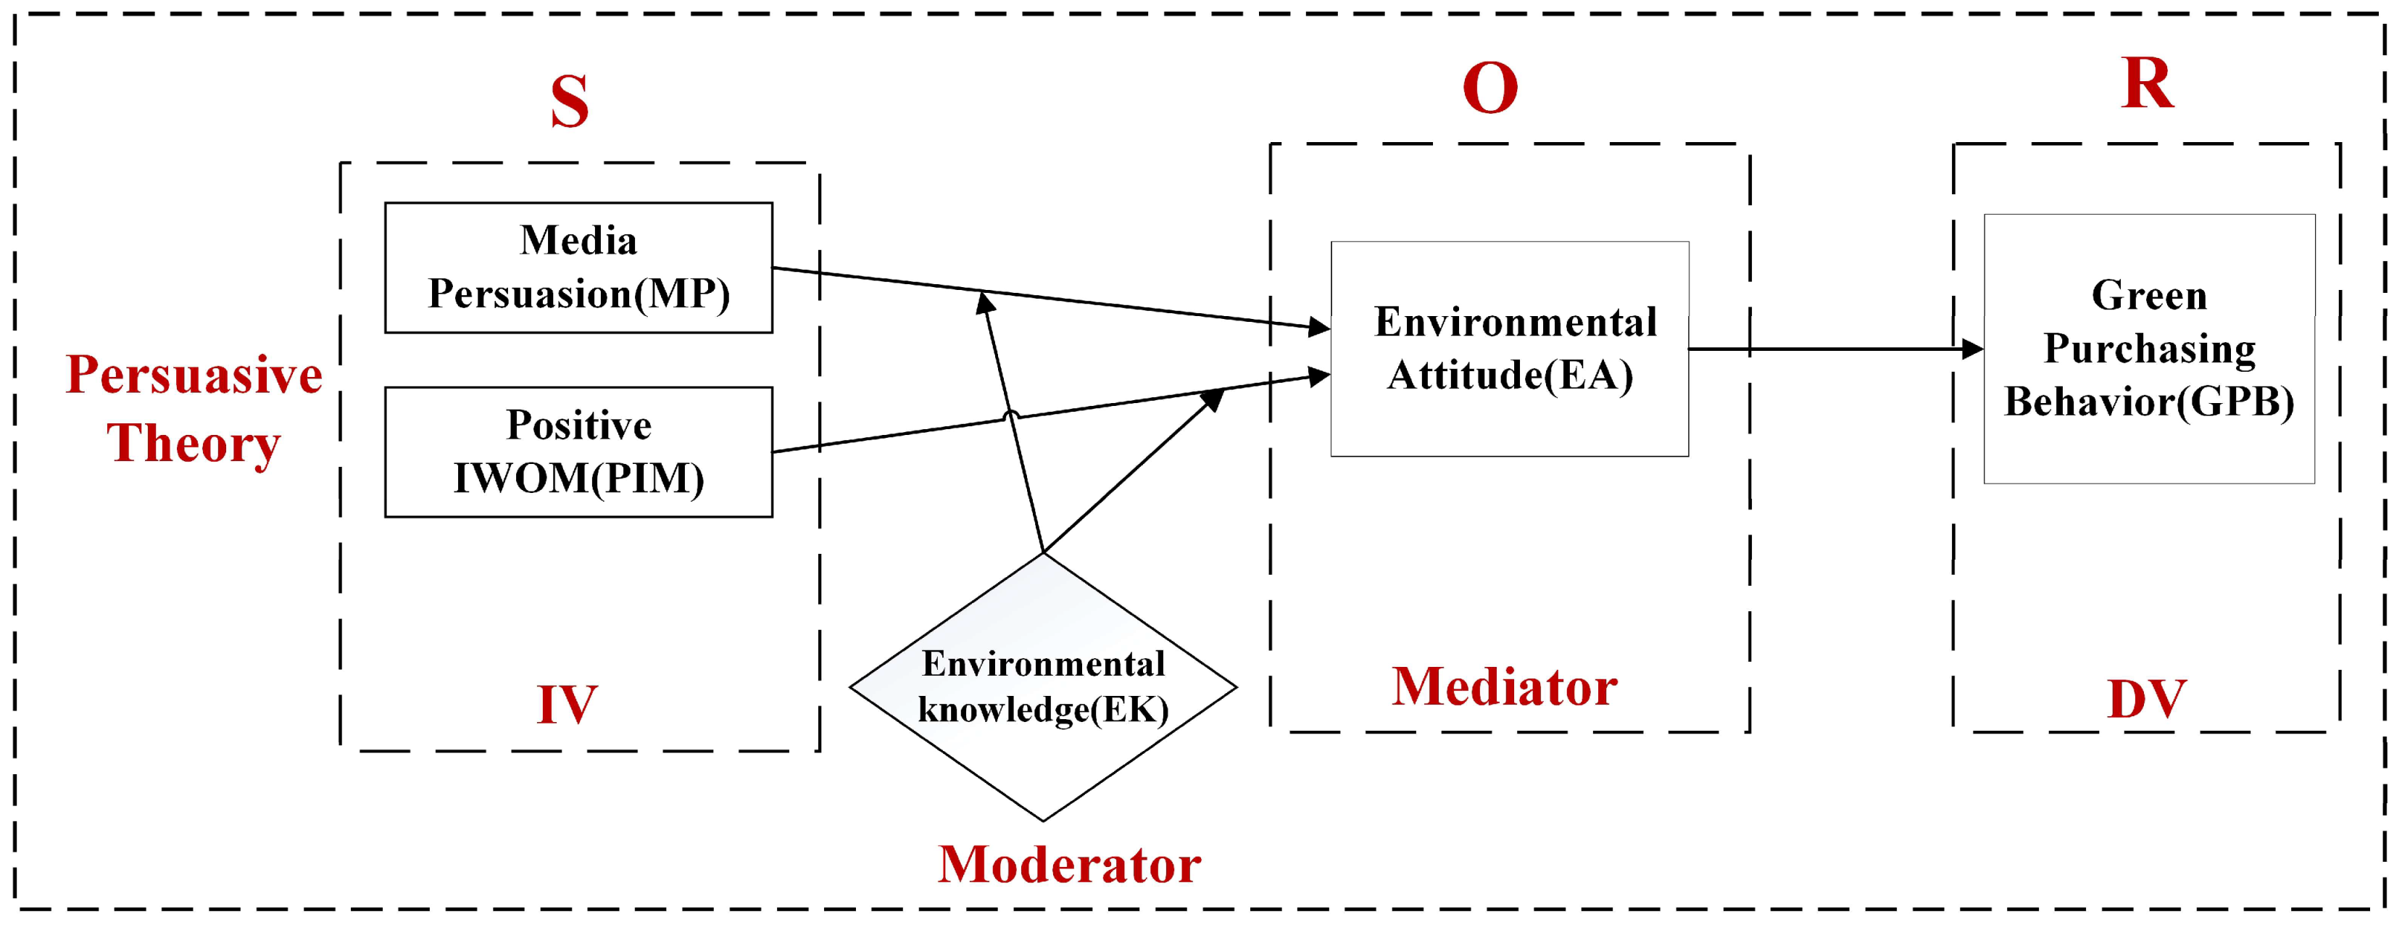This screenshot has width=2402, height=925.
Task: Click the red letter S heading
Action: point(569,101)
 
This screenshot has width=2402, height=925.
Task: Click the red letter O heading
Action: point(1490,88)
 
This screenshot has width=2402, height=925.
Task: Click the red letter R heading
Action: point(2147,84)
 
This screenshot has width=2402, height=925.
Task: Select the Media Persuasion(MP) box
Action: point(578,267)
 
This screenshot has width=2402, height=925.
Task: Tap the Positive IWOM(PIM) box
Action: point(578,452)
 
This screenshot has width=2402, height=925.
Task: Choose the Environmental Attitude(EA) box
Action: point(1509,349)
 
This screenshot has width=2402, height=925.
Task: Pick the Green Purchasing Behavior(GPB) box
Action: point(2148,349)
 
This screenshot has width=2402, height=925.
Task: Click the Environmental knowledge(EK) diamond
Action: point(1042,687)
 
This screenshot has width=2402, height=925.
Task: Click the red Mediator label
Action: point(1504,687)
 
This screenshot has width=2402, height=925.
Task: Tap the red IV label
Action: point(566,705)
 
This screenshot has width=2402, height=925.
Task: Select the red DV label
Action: point(2147,700)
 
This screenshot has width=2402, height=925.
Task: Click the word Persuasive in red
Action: point(194,375)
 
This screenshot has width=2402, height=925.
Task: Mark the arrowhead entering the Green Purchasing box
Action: point(1971,349)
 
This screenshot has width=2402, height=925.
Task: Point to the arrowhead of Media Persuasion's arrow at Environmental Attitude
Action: point(1318,326)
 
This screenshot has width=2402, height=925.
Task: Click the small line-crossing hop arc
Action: point(1011,414)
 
